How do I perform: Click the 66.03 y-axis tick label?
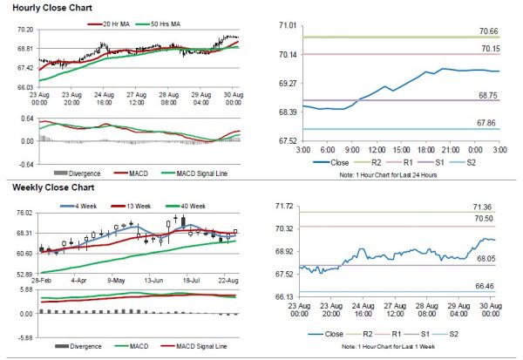(x=24, y=87)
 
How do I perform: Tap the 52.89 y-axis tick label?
(x=24, y=274)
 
